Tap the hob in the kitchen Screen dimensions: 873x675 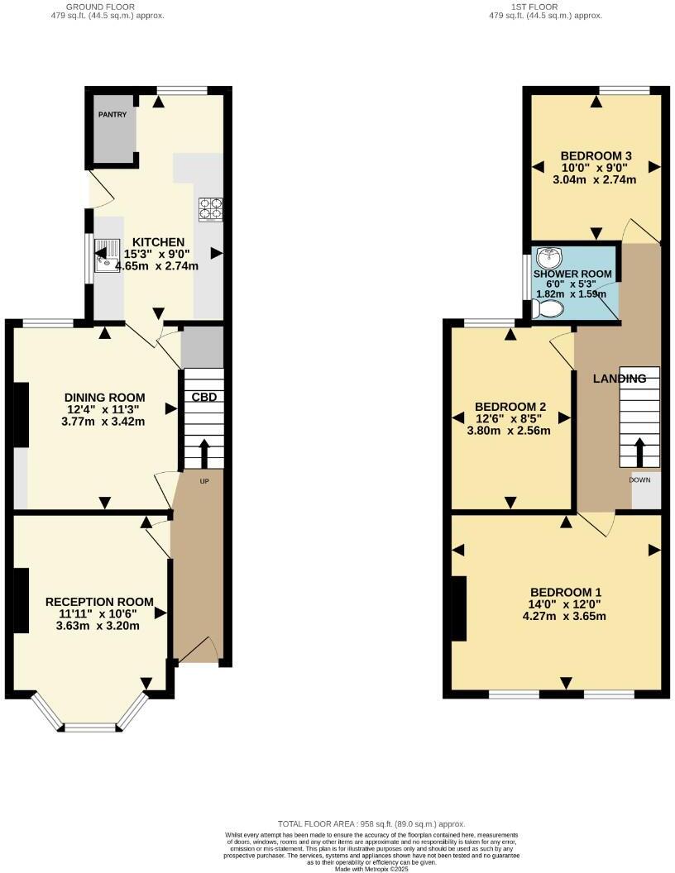[x=210, y=209]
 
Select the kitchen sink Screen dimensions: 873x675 [x=107, y=254]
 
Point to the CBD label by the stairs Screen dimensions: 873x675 [x=204, y=397]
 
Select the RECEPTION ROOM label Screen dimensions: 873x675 [x=99, y=602]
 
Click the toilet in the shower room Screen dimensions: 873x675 [x=548, y=309]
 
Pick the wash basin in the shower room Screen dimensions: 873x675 [x=548, y=258]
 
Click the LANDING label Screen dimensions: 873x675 [x=620, y=379]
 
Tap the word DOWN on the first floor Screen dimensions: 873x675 [x=639, y=479]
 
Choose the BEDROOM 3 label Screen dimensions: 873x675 [x=596, y=155]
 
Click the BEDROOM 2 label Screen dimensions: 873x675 [x=510, y=407]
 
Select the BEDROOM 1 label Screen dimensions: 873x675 [x=566, y=593]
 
